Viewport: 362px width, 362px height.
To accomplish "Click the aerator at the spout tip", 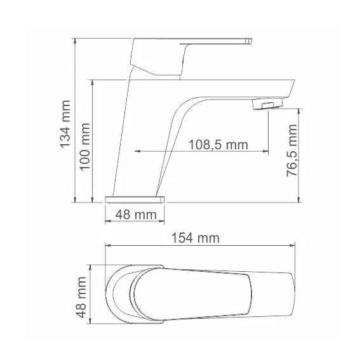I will click(x=267, y=104).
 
